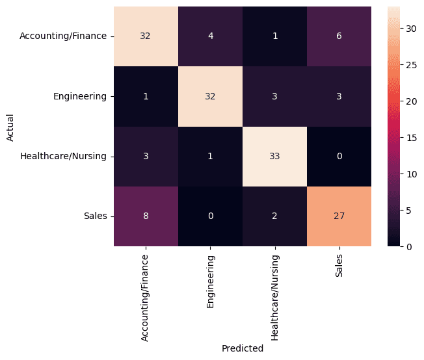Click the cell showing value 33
tap(275, 157)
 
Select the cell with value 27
tap(339, 216)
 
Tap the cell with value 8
tap(146, 216)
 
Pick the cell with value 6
tap(339, 36)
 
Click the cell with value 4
tap(210, 36)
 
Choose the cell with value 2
tap(275, 216)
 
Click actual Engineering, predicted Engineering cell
tap(210, 96)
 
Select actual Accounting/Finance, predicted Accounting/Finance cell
tap(146, 36)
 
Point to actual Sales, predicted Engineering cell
tap(210, 216)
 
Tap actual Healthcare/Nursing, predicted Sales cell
tap(339, 157)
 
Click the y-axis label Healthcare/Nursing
tap(63, 157)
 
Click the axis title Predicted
tap(243, 348)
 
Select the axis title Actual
tap(10, 127)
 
